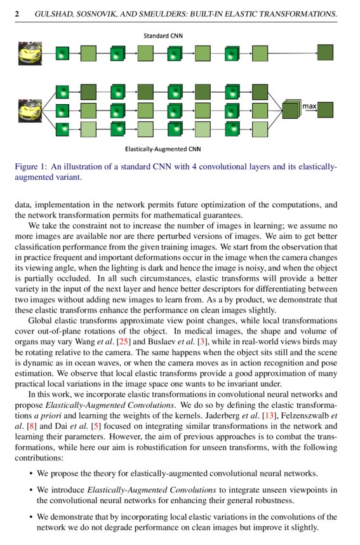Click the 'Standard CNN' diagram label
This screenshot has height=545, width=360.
click(x=163, y=36)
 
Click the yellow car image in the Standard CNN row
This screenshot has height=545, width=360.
click(x=30, y=53)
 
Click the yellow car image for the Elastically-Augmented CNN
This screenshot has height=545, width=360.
click(x=30, y=111)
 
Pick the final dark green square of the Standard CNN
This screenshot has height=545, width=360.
click(x=325, y=53)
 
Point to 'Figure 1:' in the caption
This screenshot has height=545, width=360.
click(x=30, y=167)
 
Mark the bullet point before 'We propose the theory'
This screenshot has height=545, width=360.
click(x=32, y=473)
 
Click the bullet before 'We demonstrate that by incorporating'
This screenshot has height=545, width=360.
click(x=32, y=517)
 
